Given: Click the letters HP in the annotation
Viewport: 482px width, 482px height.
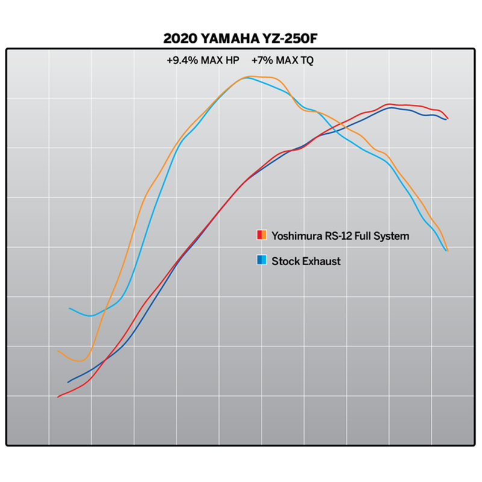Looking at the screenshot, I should [233, 60].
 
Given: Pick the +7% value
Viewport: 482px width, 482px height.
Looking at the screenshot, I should [263, 60].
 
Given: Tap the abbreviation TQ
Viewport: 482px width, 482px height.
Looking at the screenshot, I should [306, 60].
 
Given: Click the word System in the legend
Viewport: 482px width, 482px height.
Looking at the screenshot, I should [392, 236].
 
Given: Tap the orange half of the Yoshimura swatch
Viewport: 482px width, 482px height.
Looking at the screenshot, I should [264, 236].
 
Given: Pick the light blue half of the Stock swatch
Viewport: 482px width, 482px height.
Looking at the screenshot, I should [264, 261].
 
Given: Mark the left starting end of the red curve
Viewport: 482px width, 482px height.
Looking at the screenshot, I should [58, 396].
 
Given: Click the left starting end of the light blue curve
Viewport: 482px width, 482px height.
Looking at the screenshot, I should [70, 308].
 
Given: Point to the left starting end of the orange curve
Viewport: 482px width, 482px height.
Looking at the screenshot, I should [58, 351].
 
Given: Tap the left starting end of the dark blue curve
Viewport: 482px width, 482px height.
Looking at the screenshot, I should [68, 382].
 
